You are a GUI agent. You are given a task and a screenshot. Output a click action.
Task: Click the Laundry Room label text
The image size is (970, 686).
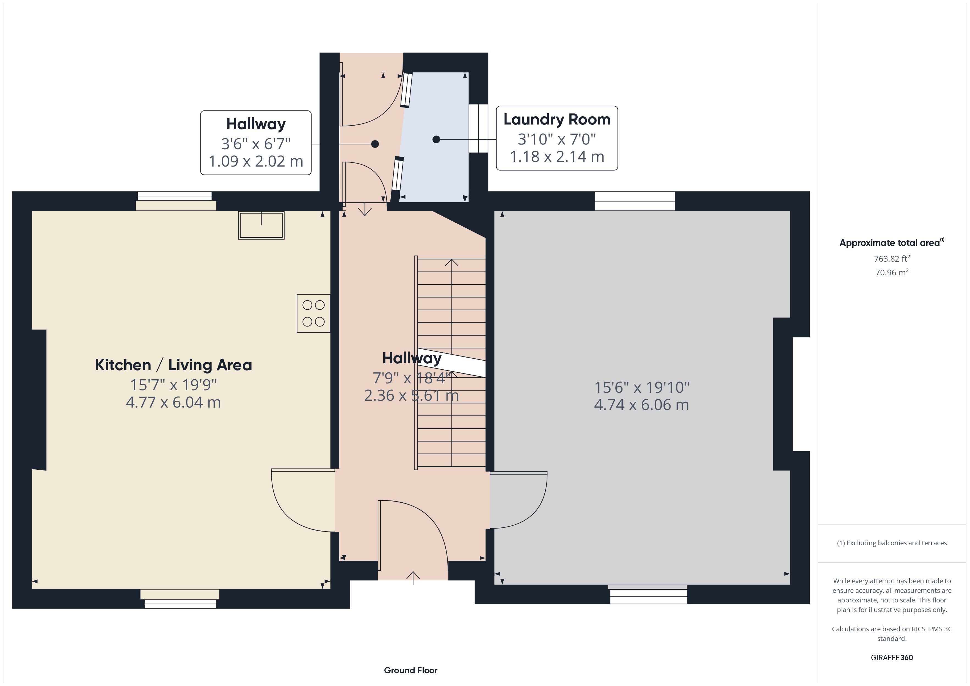tap(557, 120)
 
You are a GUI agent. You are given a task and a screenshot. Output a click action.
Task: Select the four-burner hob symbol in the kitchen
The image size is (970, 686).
tap(313, 313)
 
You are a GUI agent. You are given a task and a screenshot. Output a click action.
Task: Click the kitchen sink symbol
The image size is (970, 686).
tap(261, 225)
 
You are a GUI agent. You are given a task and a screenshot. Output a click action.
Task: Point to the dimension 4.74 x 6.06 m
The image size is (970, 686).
tap(641, 405)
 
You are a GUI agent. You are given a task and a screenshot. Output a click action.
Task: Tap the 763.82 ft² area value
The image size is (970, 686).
tap(892, 259)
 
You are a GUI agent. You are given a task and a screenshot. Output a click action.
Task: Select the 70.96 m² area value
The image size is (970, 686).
tap(892, 272)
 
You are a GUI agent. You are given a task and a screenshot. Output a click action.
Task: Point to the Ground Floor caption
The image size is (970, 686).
tap(411, 670)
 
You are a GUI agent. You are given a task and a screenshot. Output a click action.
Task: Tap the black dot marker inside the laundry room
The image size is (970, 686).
tap(436, 139)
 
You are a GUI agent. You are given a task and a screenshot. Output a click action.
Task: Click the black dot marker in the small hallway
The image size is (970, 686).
tap(375, 144)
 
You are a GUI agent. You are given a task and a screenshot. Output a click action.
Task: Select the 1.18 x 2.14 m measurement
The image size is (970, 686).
tap(557, 157)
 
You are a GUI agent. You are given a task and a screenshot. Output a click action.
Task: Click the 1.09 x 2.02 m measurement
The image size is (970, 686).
tap(256, 161)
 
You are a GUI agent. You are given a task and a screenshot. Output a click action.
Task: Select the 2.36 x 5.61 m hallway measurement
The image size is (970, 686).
tap(412, 395)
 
